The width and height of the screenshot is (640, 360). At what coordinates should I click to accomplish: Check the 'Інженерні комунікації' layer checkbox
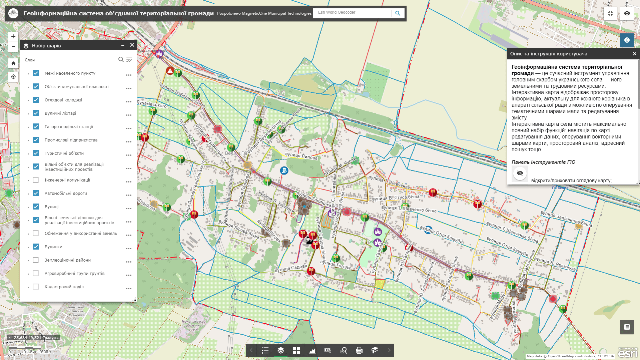pyautogui.click(x=36, y=180)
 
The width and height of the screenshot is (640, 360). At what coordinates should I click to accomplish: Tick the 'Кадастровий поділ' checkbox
pyautogui.click(x=36, y=287)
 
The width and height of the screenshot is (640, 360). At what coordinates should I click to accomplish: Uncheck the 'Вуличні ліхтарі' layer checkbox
pyautogui.click(x=36, y=113)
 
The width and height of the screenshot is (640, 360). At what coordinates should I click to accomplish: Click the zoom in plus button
pyautogui.click(x=13, y=36)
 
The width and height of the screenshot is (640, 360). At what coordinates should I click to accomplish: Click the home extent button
pyautogui.click(x=13, y=63)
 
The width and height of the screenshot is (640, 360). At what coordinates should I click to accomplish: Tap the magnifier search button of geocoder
pyautogui.click(x=398, y=13)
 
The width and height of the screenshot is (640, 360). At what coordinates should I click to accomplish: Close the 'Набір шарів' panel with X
pyautogui.click(x=132, y=45)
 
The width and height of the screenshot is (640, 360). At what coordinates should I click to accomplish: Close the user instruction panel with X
pyautogui.click(x=634, y=54)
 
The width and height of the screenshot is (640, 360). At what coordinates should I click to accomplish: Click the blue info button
pyautogui.click(x=627, y=40)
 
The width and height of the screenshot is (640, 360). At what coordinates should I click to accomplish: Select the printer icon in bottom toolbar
pyautogui.click(x=359, y=350)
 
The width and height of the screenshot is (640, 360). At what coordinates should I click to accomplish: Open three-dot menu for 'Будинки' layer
pyautogui.click(x=129, y=249)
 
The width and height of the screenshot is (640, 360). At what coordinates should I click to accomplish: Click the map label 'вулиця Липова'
pyautogui.click(x=301, y=156)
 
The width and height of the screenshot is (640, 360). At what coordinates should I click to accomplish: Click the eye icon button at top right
pyautogui.click(x=627, y=13)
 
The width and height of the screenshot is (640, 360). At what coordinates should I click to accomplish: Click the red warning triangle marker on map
pyautogui.click(x=170, y=71)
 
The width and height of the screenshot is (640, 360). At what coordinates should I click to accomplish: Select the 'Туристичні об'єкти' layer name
pyautogui.click(x=64, y=153)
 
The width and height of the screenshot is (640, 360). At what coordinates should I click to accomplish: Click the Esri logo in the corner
pyautogui.click(x=628, y=353)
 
